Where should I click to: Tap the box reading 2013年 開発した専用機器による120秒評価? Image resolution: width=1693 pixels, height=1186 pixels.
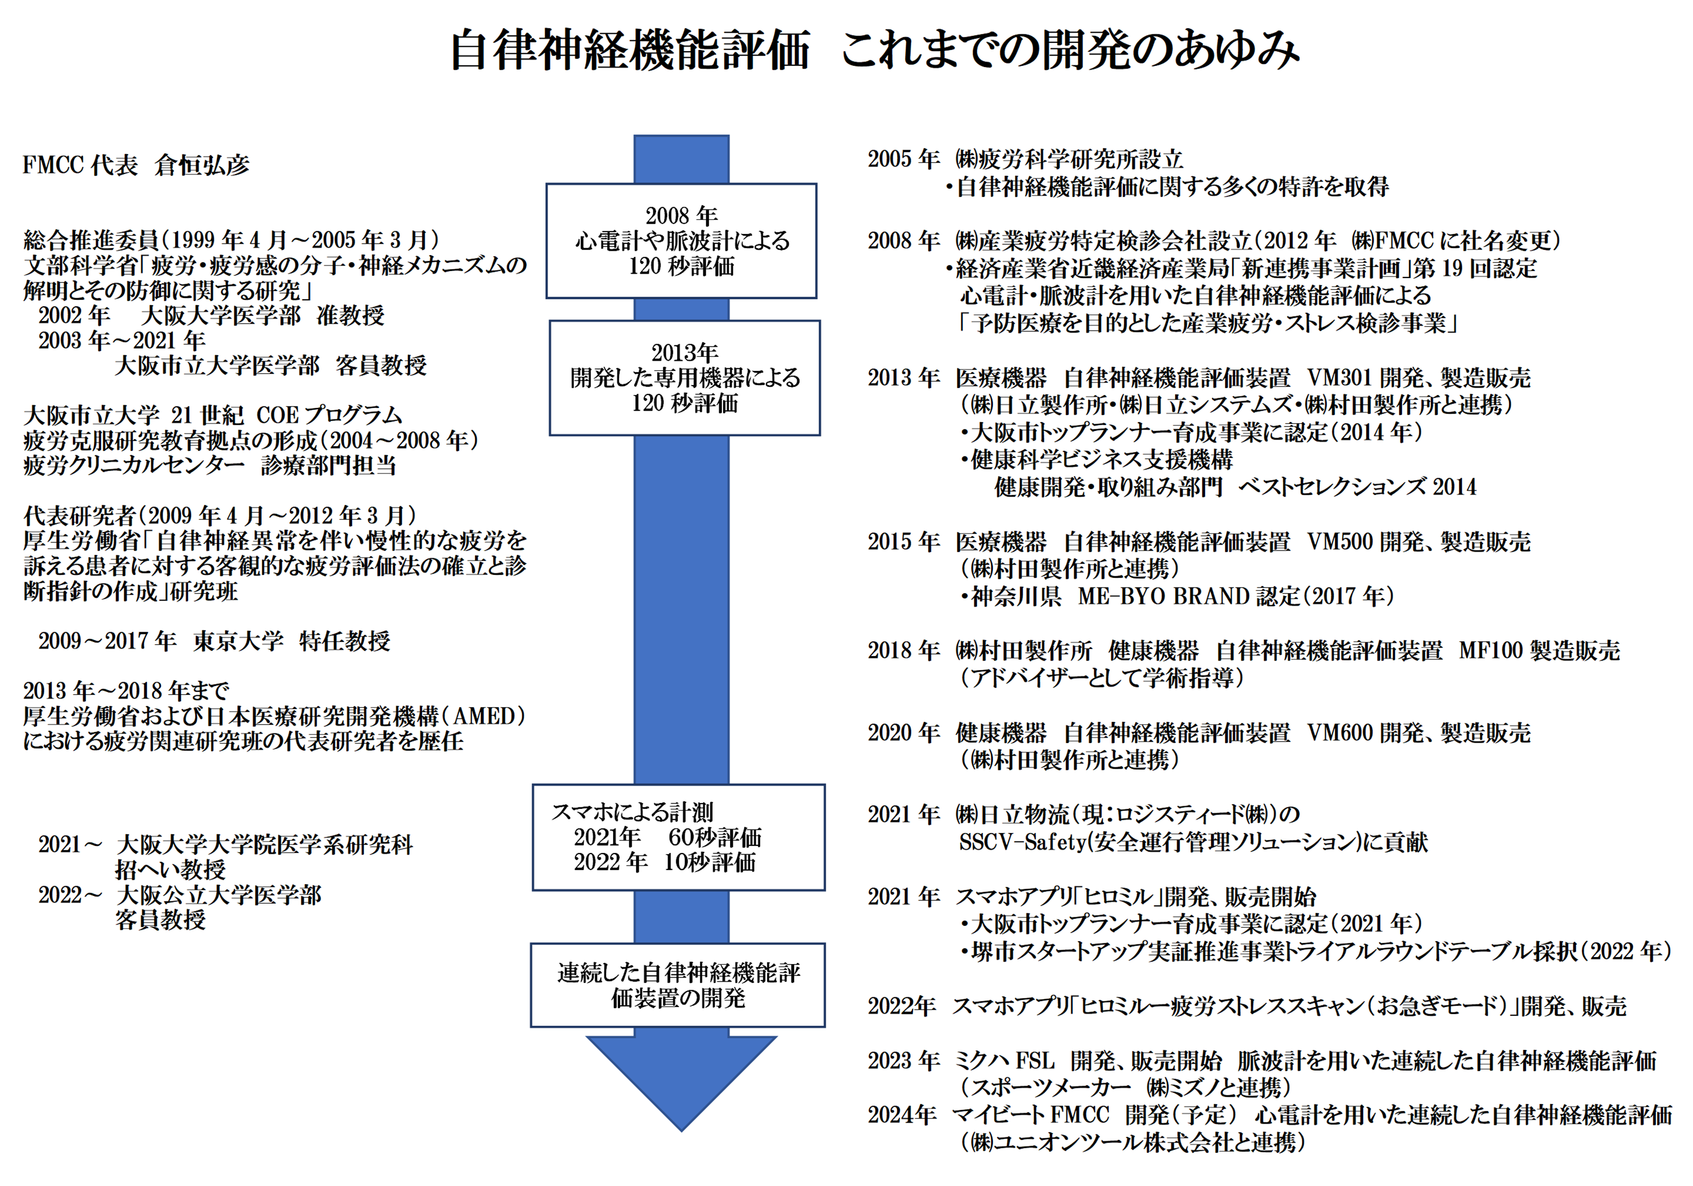(x=684, y=378)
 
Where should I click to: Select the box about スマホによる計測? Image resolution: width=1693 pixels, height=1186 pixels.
(x=678, y=837)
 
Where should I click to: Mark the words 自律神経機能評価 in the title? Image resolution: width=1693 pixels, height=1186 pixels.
(x=630, y=50)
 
